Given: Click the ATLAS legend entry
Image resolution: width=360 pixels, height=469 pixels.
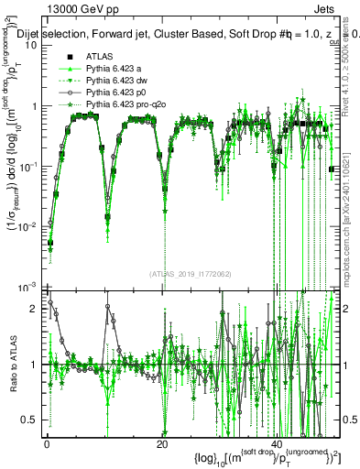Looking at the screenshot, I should click(100, 57).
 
